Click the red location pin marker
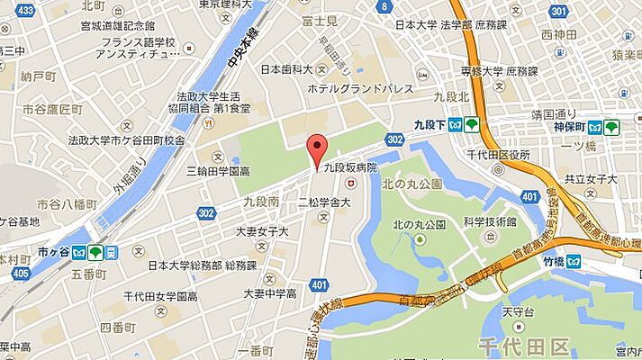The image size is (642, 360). [315, 148]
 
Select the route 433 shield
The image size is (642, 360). [24, 10]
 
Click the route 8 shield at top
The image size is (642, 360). [384, 6]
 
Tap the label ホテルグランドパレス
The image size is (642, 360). [360, 88]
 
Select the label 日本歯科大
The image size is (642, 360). [286, 69]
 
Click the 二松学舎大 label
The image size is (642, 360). [323, 202]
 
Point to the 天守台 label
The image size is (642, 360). [513, 310]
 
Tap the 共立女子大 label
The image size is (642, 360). [591, 179]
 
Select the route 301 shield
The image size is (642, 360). [558, 10]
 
